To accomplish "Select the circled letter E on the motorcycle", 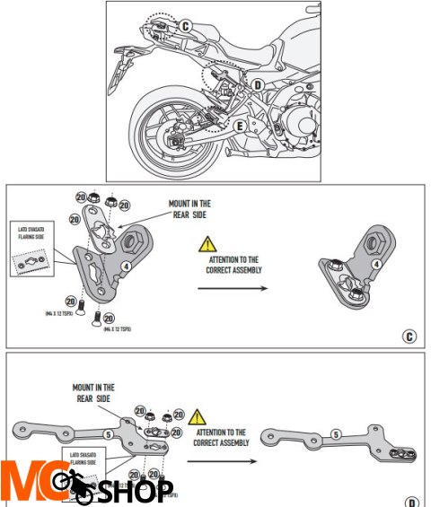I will (240, 127).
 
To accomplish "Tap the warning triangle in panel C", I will (207, 244).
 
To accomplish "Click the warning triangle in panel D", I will (198, 417).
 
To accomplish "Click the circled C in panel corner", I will (409, 337).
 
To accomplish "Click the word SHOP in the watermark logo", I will (135, 491).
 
